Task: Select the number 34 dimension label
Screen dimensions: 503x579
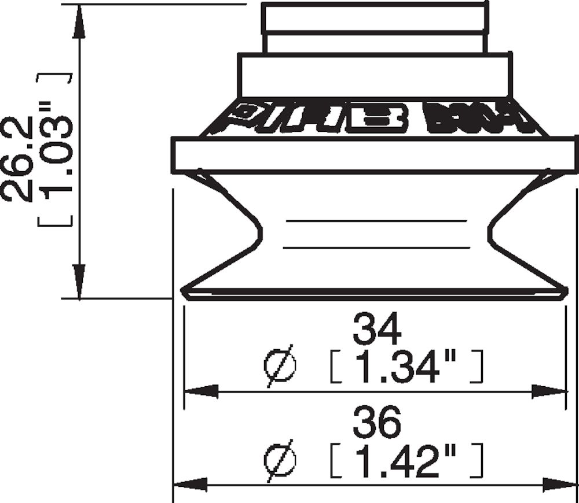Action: click(377, 331)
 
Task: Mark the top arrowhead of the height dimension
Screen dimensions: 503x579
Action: click(79, 23)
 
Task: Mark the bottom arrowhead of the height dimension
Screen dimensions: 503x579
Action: click(79, 280)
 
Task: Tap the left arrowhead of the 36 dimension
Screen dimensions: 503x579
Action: click(190, 484)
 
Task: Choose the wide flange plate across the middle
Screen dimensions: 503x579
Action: click(374, 155)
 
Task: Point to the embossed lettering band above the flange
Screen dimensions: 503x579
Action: click(374, 119)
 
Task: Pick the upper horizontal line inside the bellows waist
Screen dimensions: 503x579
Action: click(376, 221)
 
